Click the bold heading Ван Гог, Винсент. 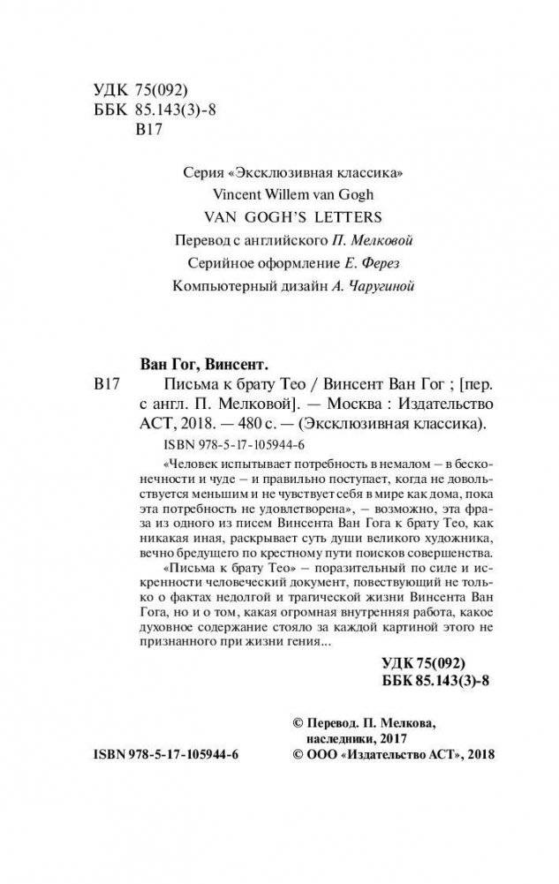pyautogui.click(x=205, y=362)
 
